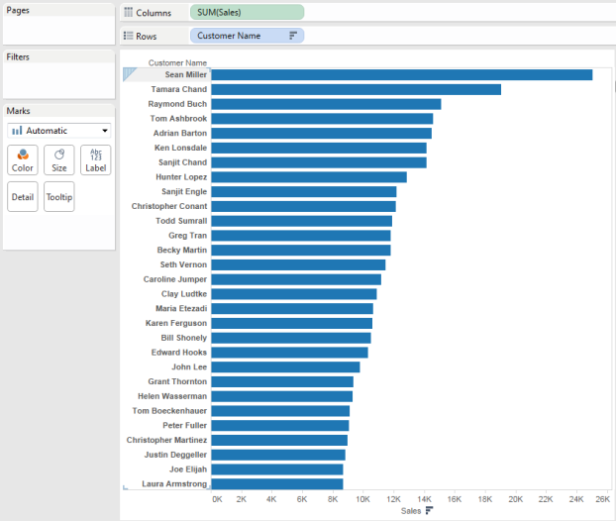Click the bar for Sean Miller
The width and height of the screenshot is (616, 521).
(401, 74)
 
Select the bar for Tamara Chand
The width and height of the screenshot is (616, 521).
(356, 89)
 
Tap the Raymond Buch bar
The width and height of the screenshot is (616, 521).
(326, 104)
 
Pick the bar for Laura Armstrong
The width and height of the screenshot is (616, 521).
(277, 484)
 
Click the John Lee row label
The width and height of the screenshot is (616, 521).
(189, 367)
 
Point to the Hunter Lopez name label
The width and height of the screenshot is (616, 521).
(183, 176)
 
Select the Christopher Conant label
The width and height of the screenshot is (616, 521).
(169, 206)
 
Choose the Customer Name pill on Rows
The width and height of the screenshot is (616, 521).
(247, 36)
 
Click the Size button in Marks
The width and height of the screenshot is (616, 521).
(59, 159)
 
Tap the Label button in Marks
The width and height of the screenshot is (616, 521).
(96, 159)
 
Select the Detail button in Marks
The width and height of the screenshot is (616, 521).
(22, 197)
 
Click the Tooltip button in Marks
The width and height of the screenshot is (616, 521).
(59, 197)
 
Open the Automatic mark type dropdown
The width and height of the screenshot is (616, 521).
(59, 130)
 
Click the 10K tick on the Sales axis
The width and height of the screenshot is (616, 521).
(362, 500)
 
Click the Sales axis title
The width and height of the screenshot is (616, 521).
(411, 511)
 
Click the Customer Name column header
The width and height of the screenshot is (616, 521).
(177, 62)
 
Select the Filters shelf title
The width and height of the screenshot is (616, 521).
(18, 57)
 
